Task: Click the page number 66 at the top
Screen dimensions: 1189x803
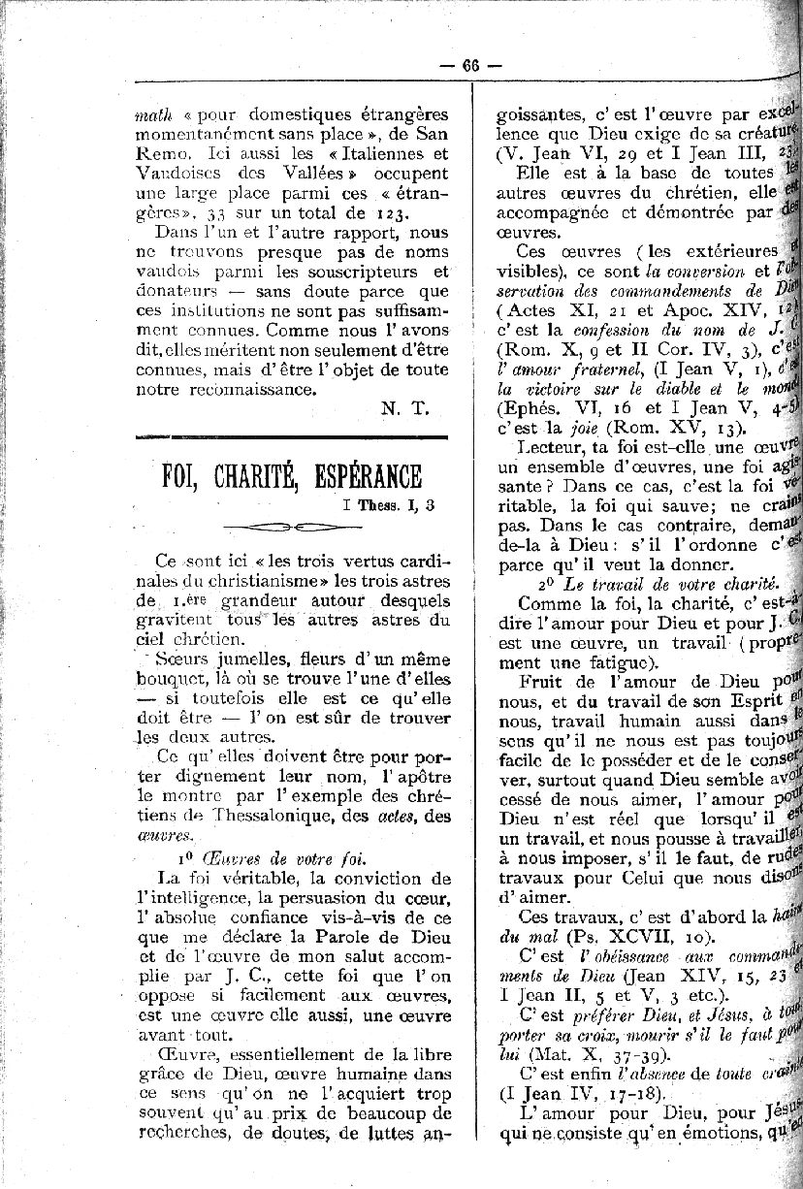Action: [x=471, y=66]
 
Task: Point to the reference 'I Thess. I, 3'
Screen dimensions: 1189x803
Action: [x=388, y=504]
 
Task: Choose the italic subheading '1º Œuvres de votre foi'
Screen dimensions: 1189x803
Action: [x=271, y=857]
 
